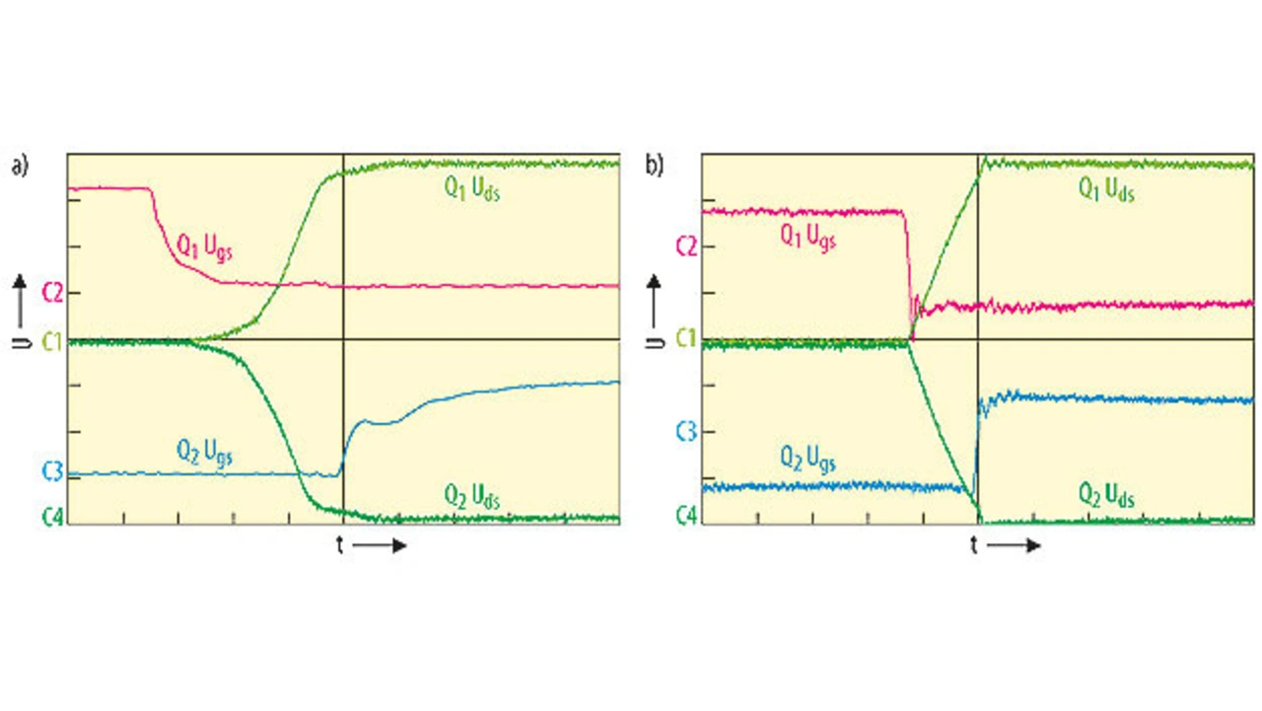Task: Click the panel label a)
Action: pos(21,167)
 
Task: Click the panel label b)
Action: pos(655,165)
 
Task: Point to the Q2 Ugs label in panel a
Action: pos(204,453)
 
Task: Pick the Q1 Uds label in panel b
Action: pos(1105,188)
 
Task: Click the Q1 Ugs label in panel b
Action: pos(807,237)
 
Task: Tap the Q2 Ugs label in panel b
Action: pos(807,459)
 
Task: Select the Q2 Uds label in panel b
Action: pos(1105,496)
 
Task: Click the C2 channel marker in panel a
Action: pos(52,292)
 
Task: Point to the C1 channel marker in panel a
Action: pos(52,341)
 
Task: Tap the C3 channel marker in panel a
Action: pos(52,472)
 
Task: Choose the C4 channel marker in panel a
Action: pos(52,516)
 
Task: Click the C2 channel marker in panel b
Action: pos(686,246)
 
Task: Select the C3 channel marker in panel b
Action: pos(686,432)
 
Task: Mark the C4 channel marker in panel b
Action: pos(686,516)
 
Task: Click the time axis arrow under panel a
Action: pos(380,545)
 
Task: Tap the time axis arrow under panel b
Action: pos(1014,545)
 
